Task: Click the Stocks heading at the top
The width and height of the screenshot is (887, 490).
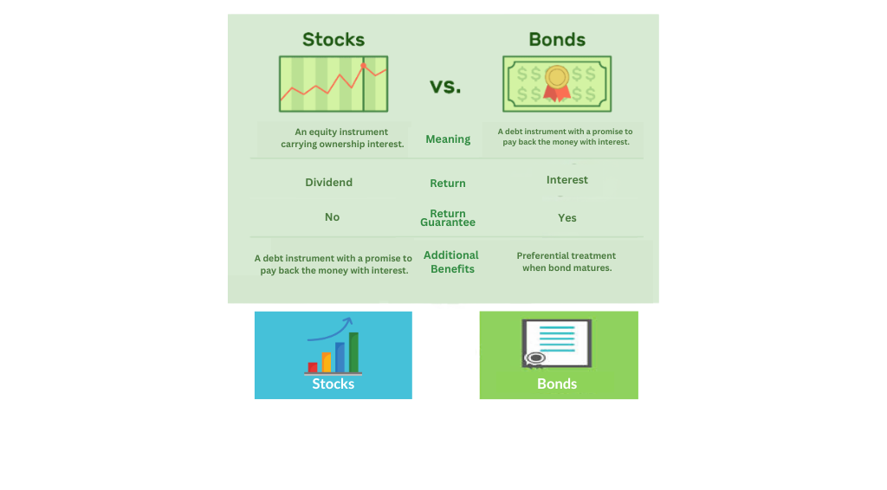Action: (x=333, y=40)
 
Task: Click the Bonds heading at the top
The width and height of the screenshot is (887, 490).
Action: (x=557, y=40)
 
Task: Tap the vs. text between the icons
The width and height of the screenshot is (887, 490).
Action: (x=445, y=87)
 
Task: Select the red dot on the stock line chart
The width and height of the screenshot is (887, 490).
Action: (x=363, y=66)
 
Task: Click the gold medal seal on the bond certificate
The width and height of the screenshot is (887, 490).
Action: (x=557, y=77)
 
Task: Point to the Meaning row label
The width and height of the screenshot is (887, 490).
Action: (x=448, y=139)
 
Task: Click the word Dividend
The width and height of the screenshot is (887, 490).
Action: (x=328, y=182)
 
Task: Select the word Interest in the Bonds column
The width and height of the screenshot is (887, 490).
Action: (x=567, y=180)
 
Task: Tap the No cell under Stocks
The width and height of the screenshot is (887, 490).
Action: (x=332, y=217)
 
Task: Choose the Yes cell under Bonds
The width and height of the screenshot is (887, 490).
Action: (x=567, y=217)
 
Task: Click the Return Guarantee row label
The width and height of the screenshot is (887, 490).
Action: (x=448, y=217)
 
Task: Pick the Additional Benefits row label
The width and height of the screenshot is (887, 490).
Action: (x=451, y=262)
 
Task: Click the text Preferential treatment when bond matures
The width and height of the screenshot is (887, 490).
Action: (x=567, y=261)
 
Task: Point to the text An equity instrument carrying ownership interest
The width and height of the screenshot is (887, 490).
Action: (x=342, y=138)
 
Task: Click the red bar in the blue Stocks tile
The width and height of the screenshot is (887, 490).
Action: (x=312, y=367)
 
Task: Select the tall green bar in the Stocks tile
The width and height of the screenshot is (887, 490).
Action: (x=353, y=352)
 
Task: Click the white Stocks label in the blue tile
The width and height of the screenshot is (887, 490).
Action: (x=333, y=384)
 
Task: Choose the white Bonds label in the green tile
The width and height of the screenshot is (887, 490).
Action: (x=557, y=384)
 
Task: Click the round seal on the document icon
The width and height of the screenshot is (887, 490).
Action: (x=535, y=358)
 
